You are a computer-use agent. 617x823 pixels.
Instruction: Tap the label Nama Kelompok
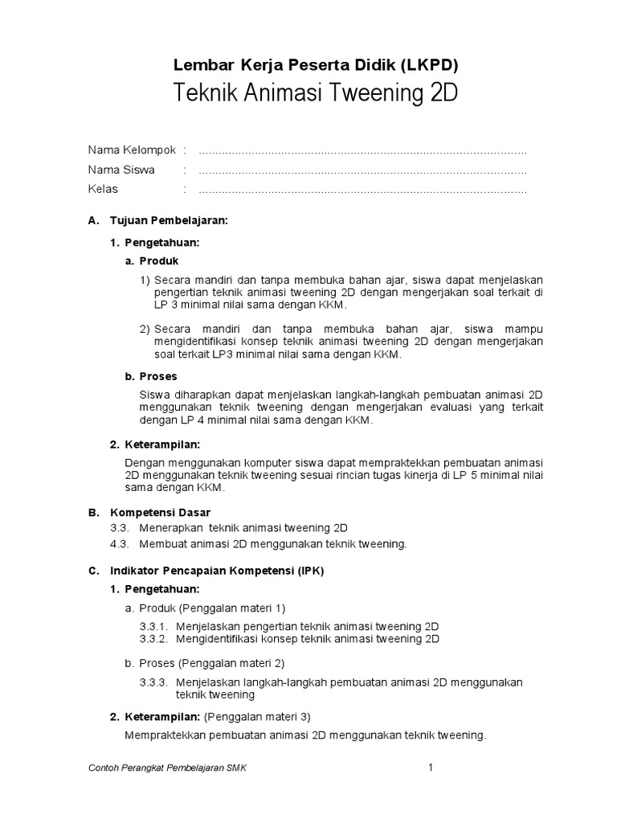tap(131, 150)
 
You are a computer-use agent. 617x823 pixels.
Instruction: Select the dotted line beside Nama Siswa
tap(362, 170)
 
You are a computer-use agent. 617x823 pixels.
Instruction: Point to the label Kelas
tap(103, 190)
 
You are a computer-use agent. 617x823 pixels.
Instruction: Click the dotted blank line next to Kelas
tap(362, 190)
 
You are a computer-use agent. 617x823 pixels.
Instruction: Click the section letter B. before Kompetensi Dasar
tap(93, 512)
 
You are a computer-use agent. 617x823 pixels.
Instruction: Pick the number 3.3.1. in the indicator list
tap(153, 626)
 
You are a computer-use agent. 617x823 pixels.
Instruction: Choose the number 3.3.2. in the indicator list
tap(153, 639)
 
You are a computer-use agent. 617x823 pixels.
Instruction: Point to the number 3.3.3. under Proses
tap(153, 682)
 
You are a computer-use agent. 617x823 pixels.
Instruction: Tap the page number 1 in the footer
tap(431, 768)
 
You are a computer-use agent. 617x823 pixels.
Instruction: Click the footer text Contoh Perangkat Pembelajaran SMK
tap(167, 768)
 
